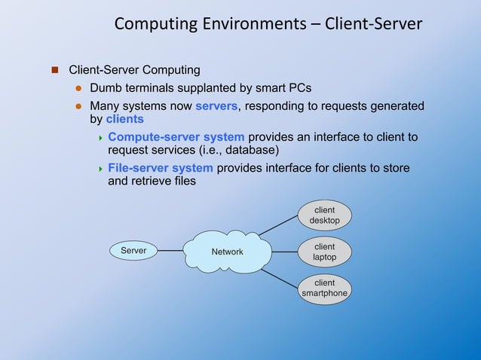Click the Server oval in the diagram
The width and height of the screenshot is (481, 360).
click(x=133, y=250)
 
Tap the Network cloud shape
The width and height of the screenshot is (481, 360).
click(x=227, y=252)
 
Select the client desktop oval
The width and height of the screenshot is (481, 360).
click(x=324, y=215)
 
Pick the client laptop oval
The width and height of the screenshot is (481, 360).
click(x=324, y=252)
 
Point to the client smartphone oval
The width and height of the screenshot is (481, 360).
click(x=324, y=288)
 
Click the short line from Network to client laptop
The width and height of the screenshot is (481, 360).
click(x=283, y=252)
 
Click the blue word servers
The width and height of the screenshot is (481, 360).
click(x=216, y=106)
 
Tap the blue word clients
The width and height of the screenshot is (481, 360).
click(x=124, y=119)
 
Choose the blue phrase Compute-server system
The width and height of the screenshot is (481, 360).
click(x=176, y=137)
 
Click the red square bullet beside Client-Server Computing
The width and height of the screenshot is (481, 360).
click(x=54, y=71)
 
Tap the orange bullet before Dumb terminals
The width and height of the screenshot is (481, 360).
click(x=77, y=88)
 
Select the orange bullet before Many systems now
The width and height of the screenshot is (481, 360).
click(x=77, y=106)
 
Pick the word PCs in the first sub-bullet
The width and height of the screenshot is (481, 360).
click(x=300, y=88)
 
